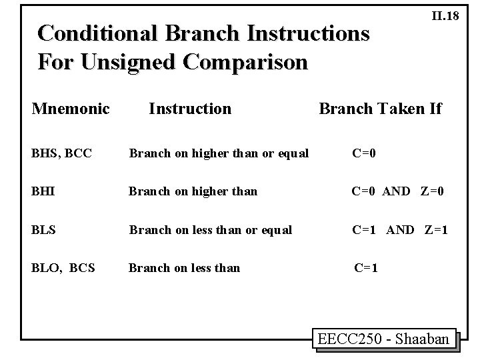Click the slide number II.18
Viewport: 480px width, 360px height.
[445, 16]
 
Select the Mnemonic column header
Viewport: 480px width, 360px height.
[71, 108]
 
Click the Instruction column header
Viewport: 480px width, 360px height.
[190, 108]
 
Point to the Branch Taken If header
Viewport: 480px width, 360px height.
[380, 108]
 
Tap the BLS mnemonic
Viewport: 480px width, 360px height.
[44, 230]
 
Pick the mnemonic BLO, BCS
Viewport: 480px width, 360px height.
[63, 268]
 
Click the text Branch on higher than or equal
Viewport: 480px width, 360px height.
[219, 154]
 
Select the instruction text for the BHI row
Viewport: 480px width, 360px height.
[193, 192]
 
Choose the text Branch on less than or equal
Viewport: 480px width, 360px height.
[210, 230]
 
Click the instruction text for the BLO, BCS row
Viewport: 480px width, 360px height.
[184, 268]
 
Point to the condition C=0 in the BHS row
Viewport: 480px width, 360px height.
[364, 154]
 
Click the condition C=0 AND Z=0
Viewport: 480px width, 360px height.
[398, 192]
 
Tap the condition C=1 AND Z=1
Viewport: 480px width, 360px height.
[400, 230]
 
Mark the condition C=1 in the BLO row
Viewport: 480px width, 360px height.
[366, 268]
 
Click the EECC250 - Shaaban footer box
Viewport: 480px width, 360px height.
[383, 339]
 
